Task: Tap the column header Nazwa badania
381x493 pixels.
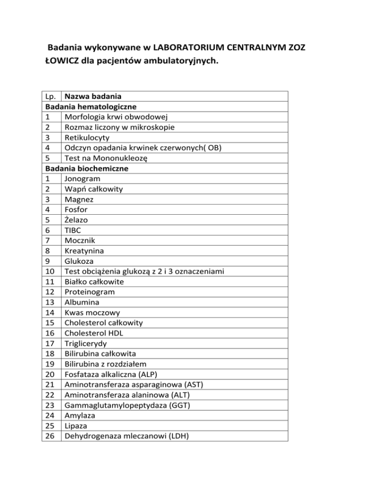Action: tap(94, 96)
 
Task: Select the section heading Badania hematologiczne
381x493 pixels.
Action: tap(91, 106)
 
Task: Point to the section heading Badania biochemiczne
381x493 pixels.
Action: tap(87, 168)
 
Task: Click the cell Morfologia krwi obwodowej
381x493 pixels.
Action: tap(116, 117)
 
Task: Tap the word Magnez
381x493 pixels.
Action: tap(79, 199)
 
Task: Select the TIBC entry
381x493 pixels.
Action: tap(72, 230)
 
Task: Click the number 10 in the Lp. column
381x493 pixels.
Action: tap(51, 271)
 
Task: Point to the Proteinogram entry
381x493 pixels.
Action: tap(89, 292)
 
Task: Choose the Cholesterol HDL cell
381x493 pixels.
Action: tap(97, 333)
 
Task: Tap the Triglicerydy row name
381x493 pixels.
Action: tap(86, 343)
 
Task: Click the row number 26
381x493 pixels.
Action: tap(51, 436)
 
